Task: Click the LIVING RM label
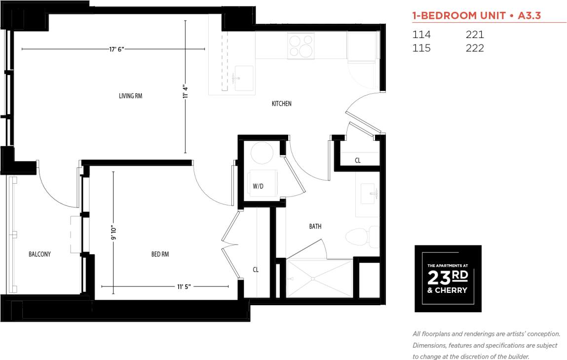tap(130, 96)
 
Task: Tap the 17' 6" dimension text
tap(117, 49)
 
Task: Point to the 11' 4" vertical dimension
tap(186, 91)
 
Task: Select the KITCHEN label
tap(281, 104)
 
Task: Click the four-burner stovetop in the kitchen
tap(301, 45)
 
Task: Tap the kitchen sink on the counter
tap(243, 78)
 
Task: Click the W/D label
tap(258, 187)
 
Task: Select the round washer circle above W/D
tap(262, 154)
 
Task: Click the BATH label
tap(315, 227)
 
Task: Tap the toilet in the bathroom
tap(360, 237)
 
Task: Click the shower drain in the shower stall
tap(312, 279)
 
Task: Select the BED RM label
tap(160, 254)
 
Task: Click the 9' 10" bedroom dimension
tap(113, 231)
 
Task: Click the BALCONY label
tap(39, 254)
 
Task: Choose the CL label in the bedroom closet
tap(256, 270)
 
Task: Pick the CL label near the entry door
tap(358, 160)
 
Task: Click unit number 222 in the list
tap(475, 48)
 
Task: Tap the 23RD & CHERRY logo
tap(448, 279)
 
